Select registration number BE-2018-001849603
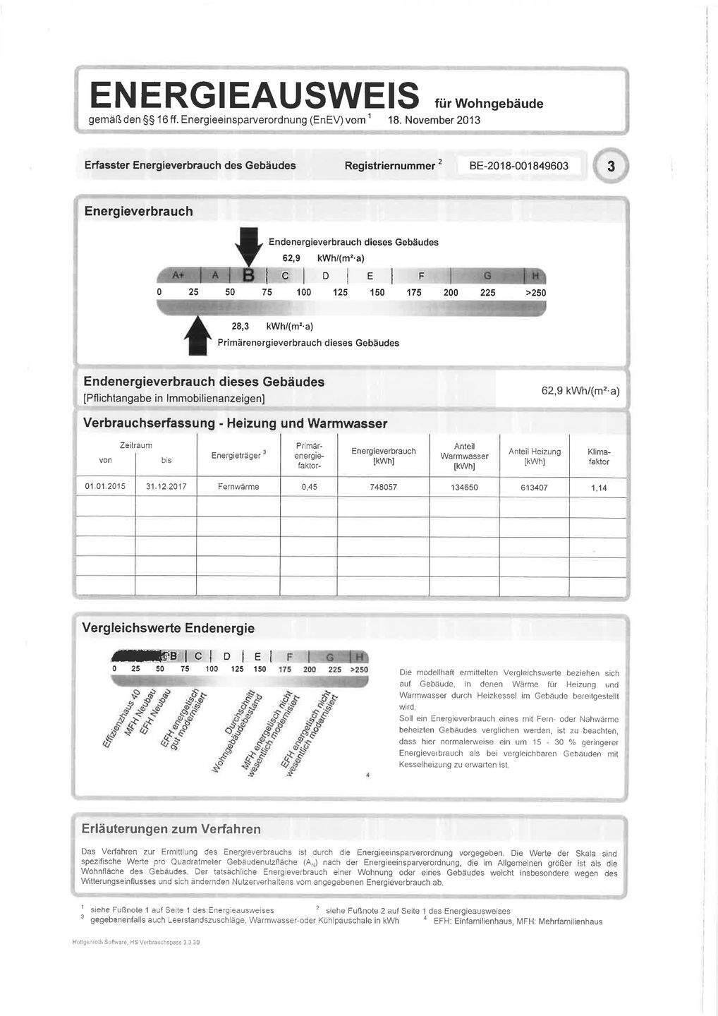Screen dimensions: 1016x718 coord(518,167)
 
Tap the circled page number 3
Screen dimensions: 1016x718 coord(610,167)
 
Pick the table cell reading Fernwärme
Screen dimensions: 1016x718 coord(238,487)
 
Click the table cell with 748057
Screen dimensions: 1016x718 coord(383,487)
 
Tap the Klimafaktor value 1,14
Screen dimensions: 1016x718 coord(598,488)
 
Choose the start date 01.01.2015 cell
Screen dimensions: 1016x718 coord(104,487)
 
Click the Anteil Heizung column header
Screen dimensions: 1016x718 coord(534,456)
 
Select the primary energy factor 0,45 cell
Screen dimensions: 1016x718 coord(308,487)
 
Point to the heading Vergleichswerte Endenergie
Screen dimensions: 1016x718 coord(169,628)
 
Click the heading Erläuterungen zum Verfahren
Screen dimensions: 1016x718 coord(171,829)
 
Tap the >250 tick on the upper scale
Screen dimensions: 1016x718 coord(534,293)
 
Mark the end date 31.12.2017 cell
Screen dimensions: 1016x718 coord(166,487)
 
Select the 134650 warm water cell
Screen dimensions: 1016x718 coord(464,488)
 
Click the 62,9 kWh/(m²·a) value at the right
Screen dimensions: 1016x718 coord(580,391)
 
